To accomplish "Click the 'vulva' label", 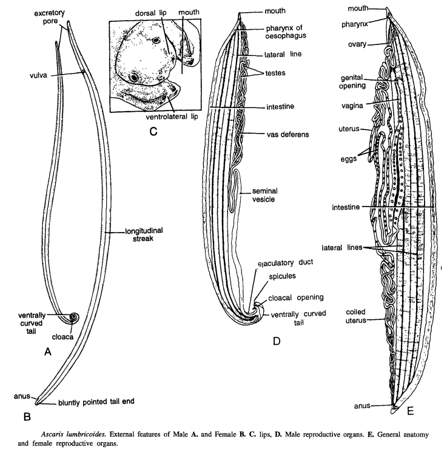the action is coord(38,76).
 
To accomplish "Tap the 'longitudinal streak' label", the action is coord(144,234).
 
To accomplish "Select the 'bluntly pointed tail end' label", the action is coord(96,402).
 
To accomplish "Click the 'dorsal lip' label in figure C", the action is coord(150,13).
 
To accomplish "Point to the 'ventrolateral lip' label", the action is coord(172,117).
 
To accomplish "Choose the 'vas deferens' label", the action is coord(288,134).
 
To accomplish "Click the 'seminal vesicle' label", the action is coord(264,195).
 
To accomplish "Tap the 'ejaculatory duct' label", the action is coord(286,262).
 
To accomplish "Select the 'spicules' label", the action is coord(282,276).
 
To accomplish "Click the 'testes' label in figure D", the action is coord(275,73).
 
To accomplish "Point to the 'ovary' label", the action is coord(357,44).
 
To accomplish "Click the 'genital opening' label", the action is coord(352,82).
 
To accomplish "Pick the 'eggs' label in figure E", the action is coord(349,159).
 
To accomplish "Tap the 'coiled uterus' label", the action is coord(355,316).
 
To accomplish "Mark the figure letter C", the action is coord(153,131).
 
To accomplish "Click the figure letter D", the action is coord(277,341).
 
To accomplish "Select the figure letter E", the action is coord(410,411).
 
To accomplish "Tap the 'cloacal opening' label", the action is coord(296,298).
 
